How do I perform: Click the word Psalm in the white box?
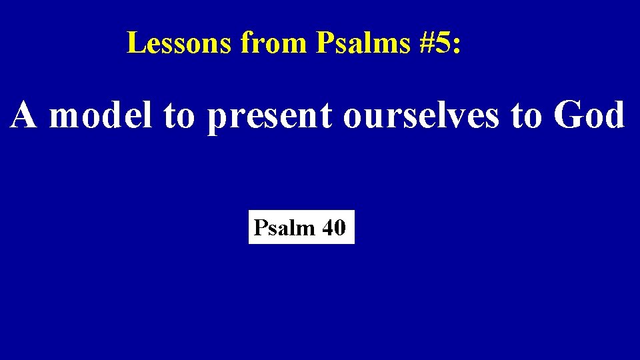click(284, 229)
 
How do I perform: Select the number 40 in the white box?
click(333, 229)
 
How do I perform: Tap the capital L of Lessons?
click(135, 43)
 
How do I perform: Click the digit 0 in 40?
click(339, 229)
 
